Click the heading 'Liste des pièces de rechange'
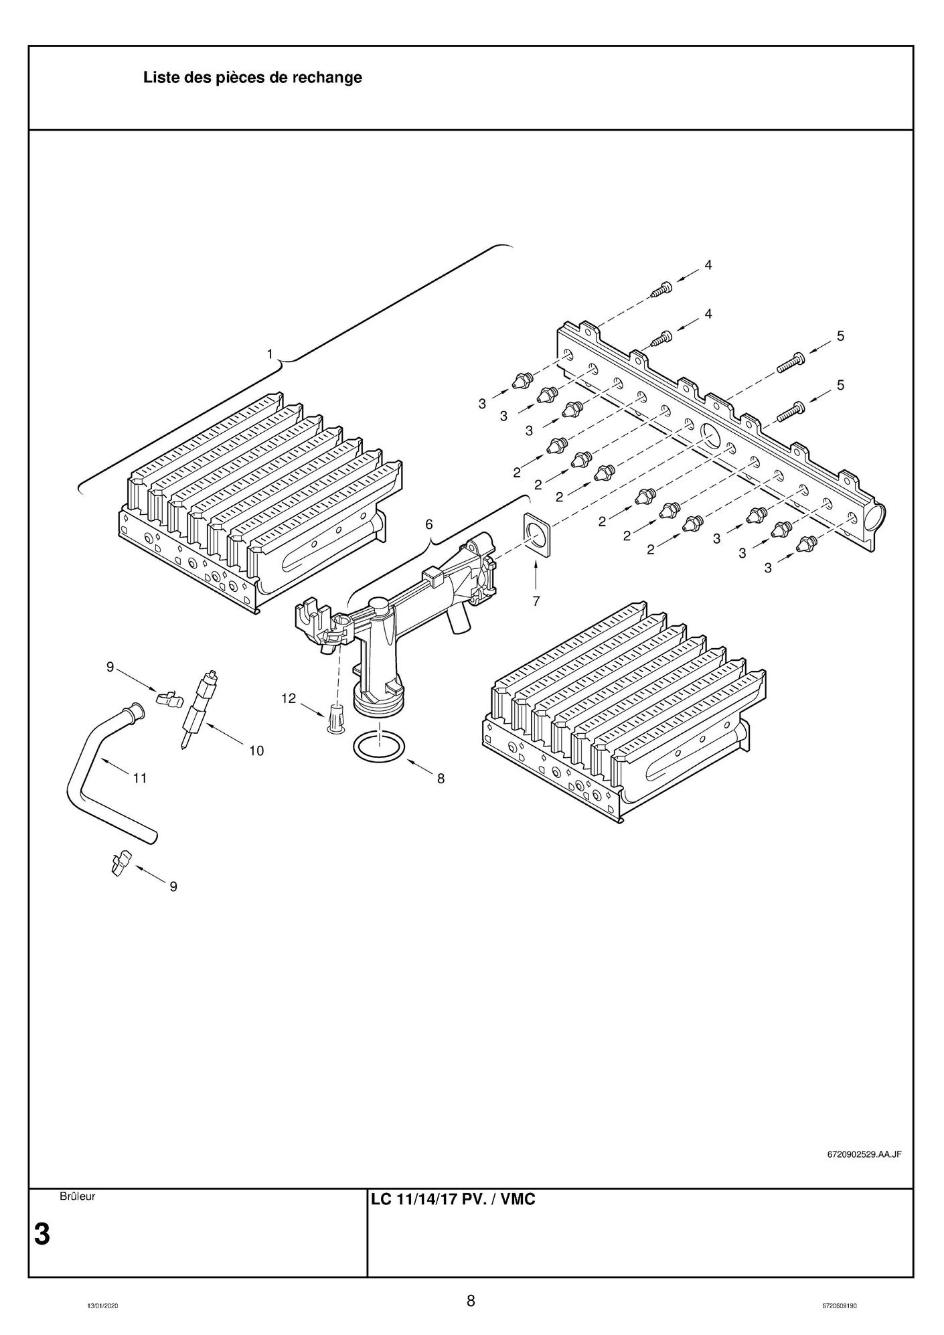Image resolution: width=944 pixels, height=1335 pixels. click(x=252, y=78)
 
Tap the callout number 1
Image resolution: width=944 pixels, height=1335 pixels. click(x=270, y=354)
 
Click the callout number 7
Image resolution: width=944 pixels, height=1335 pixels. click(x=536, y=601)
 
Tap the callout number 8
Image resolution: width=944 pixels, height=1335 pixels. click(x=441, y=778)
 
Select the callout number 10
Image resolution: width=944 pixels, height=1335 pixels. click(x=256, y=751)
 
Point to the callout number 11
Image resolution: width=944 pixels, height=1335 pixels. click(x=139, y=778)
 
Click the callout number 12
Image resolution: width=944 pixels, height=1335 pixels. click(x=288, y=698)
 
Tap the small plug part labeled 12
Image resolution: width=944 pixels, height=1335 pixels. click(x=335, y=718)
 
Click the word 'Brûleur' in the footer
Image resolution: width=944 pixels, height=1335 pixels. click(x=77, y=1196)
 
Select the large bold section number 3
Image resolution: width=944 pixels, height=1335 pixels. click(x=42, y=1234)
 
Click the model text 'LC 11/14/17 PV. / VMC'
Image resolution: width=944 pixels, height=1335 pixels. click(x=453, y=1199)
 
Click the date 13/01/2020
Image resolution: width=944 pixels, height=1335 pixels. click(x=102, y=1306)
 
